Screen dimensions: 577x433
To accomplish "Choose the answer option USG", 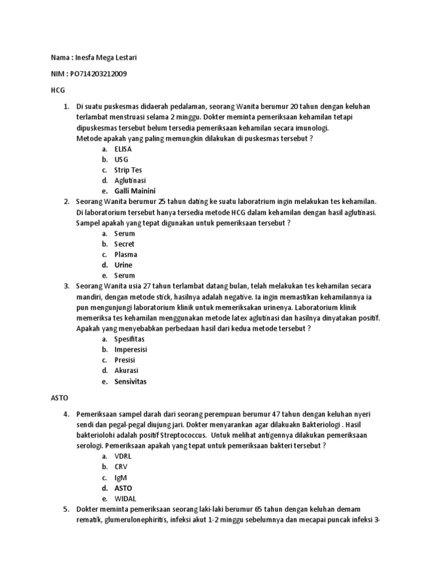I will [121, 159].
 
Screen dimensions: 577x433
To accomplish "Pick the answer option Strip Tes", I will [128, 170].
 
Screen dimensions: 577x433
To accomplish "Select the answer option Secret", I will [125, 244].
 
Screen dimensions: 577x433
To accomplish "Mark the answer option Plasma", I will [126, 254].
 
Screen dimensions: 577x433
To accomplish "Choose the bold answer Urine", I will [123, 265].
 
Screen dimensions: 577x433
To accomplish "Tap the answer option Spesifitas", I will [129, 339].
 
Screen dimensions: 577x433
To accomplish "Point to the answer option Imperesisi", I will [131, 349].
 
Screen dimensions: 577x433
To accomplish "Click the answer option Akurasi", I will [126, 370].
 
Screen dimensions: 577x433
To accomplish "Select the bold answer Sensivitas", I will [130, 381].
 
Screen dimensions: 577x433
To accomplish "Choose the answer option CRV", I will [121, 467].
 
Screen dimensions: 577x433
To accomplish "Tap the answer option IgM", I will [121, 477].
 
